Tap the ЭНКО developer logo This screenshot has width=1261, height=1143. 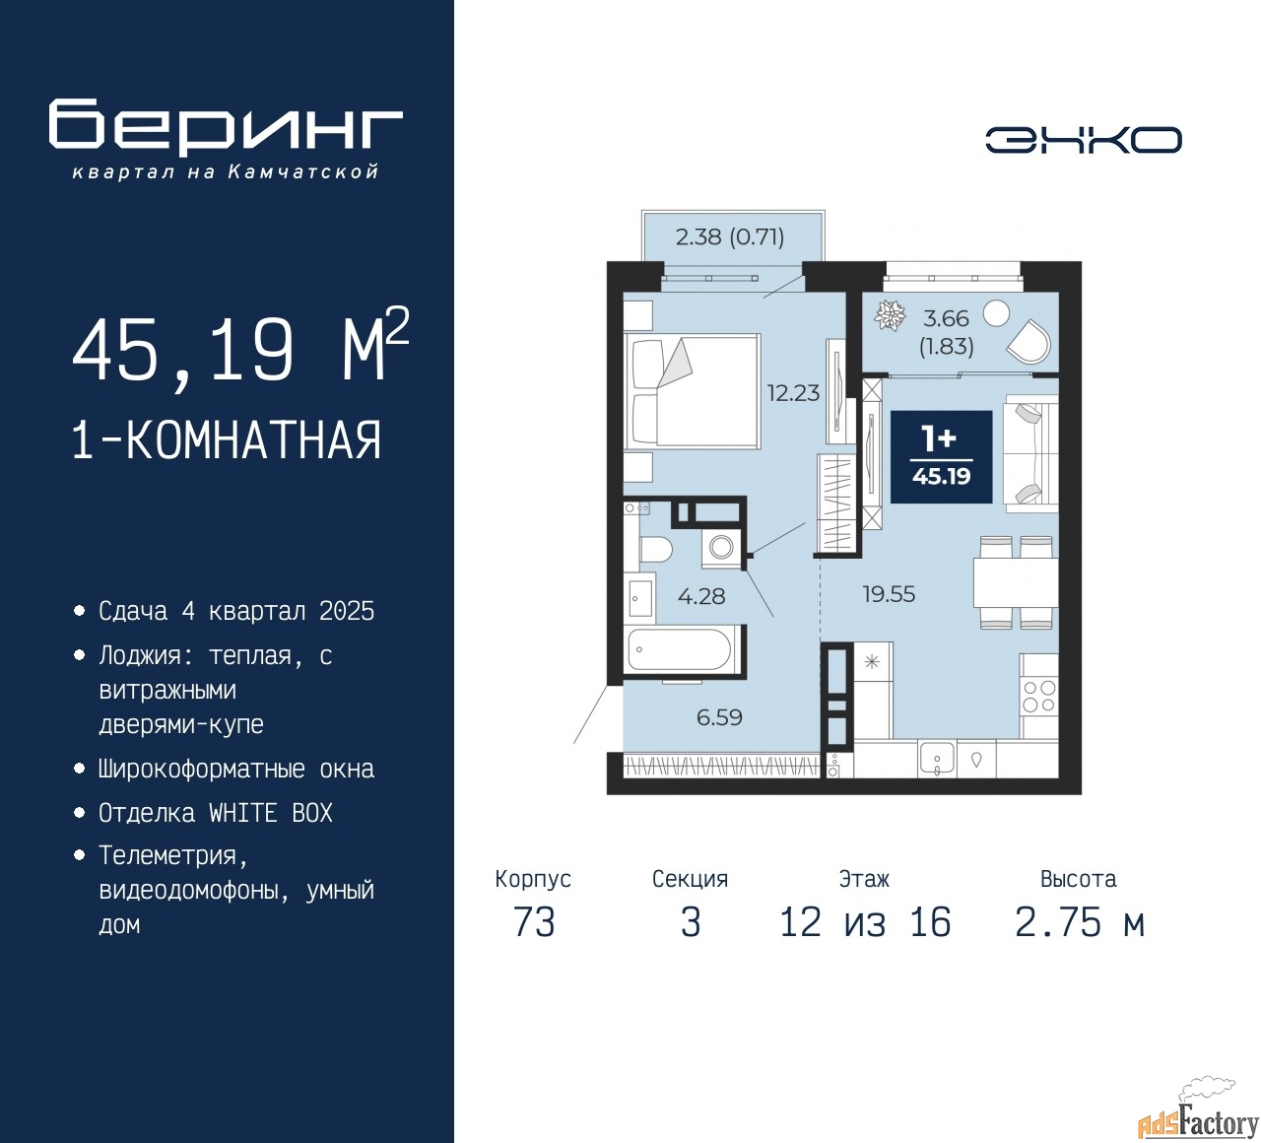1083,140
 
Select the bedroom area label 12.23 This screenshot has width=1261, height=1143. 793,393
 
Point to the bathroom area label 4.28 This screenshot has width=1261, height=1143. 701,596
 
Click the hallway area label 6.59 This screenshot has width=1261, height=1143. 719,716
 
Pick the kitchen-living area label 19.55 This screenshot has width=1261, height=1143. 889,593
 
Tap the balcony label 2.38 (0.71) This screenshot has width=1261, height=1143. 730,237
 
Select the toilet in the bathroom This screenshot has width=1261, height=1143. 656,549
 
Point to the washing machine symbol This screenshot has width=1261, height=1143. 721,547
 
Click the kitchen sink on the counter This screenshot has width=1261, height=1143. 937,759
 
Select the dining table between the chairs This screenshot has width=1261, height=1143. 1016,582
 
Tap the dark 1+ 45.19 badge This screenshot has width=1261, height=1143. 941,457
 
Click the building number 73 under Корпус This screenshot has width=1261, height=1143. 534,922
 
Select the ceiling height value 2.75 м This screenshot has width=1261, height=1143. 1080,922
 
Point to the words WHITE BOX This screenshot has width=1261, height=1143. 270,813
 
